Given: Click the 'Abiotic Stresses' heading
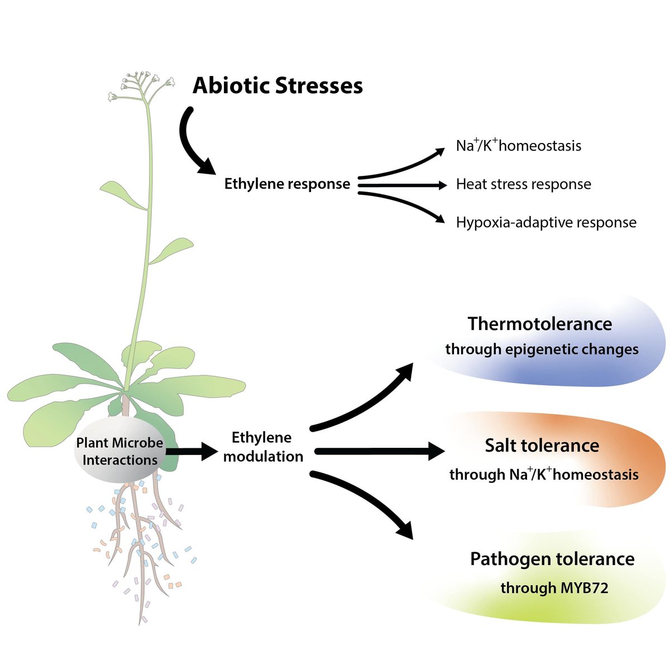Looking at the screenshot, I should pos(277,86).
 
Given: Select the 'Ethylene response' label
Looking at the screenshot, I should pos(287,184).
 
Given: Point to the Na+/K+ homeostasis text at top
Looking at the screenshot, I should pos(518,146).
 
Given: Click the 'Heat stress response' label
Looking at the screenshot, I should pos(523,184).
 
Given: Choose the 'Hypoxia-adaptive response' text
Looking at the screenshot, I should pos(545,222).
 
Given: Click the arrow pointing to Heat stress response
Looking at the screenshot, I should pos(402,184).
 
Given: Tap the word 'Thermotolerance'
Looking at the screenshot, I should pos(539,324).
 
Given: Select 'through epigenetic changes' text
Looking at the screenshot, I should pos(542,350).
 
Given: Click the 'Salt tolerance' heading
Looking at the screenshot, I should pos(542,446).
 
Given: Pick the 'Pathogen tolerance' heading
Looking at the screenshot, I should pos(552,559).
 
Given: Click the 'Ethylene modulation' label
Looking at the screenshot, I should pos(262,447).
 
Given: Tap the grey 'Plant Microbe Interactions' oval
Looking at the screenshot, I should pos(119,451).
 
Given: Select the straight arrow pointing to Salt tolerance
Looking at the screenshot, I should pos(380,451).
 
